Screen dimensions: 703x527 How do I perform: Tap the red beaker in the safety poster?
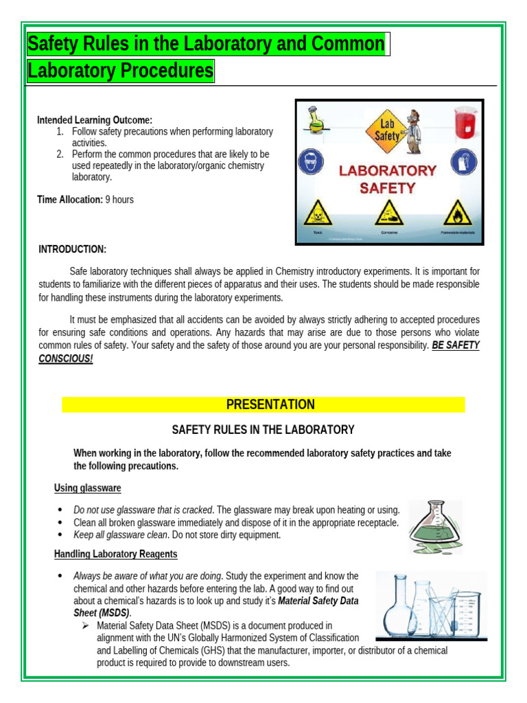point(465,124)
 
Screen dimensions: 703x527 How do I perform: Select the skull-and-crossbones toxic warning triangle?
point(316,213)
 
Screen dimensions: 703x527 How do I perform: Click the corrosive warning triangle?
point(389,213)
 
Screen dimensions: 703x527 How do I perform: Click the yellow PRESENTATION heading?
point(270,404)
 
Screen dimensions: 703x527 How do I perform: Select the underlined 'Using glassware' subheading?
point(87,488)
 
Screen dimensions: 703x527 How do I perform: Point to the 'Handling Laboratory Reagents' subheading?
point(115,554)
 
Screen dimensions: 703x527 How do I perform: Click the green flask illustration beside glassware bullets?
point(434,527)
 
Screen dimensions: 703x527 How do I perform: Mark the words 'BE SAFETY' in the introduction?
point(456,345)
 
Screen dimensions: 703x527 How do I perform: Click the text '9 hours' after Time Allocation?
point(119,200)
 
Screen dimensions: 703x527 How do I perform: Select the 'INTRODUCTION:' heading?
point(72,249)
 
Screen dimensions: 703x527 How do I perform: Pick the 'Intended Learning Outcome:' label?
point(95,120)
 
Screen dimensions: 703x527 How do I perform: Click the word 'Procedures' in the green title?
point(166,71)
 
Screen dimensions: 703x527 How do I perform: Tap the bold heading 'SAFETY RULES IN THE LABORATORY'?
point(263,430)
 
